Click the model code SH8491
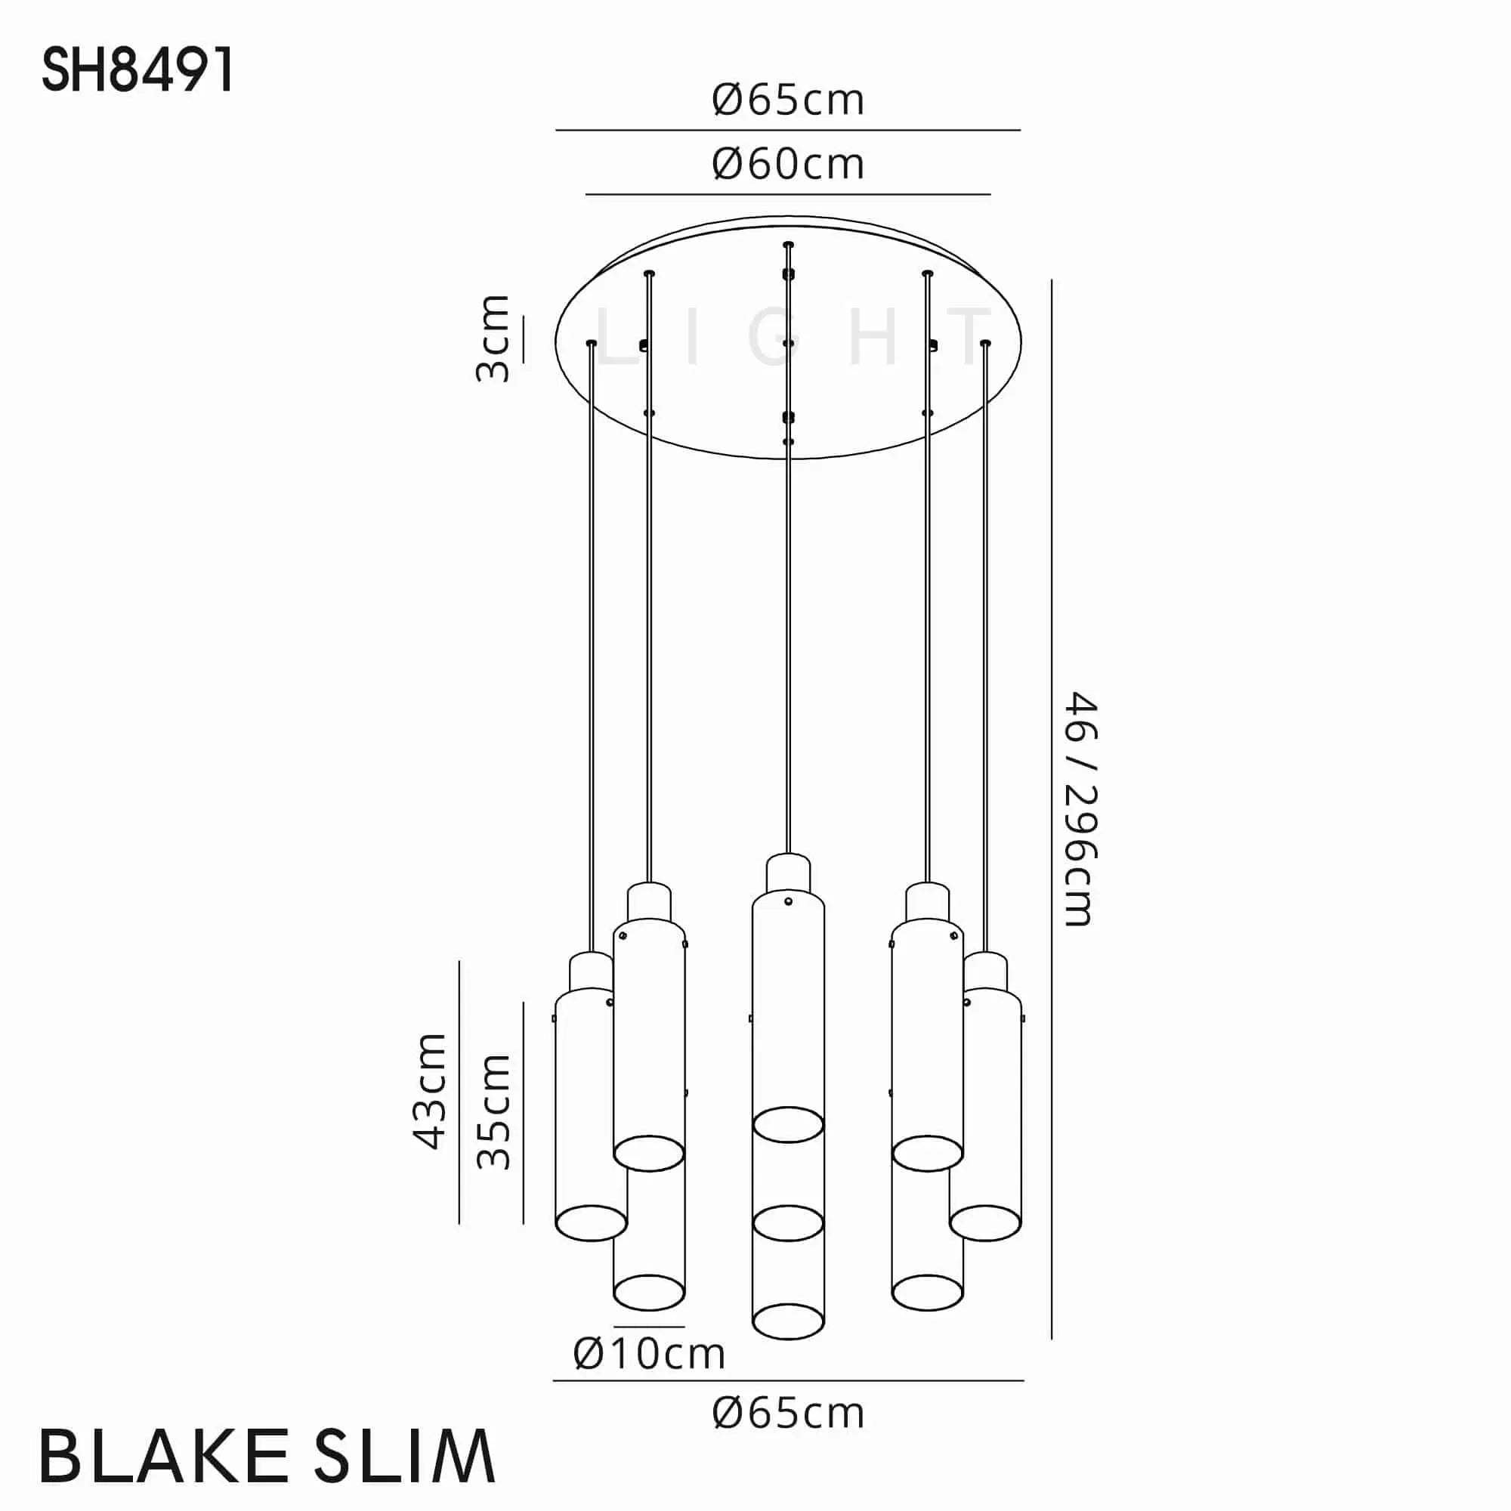point(138,70)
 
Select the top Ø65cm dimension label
point(787,101)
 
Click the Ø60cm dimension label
point(787,165)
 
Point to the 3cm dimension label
point(493,338)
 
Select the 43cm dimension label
point(429,1091)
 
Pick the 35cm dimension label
point(493,1111)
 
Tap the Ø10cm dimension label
point(649,1354)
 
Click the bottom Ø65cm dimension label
point(787,1414)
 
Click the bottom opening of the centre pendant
point(787,1321)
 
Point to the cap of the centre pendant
point(787,870)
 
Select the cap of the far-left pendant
point(592,971)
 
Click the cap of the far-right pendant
point(985,971)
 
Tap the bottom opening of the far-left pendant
point(592,1223)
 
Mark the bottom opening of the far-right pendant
point(985,1223)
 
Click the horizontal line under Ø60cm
point(787,194)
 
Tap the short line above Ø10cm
point(649,1327)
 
